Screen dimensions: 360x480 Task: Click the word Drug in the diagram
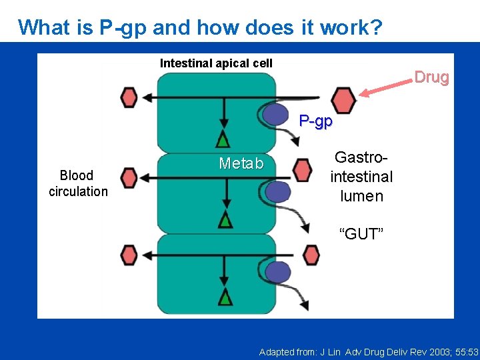[x=431, y=77]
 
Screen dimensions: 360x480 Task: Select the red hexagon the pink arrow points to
[x=344, y=100]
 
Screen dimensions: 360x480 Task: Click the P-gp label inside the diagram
[x=315, y=121]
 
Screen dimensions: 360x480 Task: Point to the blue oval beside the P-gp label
[x=275, y=115]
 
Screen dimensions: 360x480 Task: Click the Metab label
[x=241, y=164]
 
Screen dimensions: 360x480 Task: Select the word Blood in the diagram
[x=77, y=175]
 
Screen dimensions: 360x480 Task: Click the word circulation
[x=78, y=191]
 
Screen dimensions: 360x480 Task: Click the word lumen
[x=361, y=196]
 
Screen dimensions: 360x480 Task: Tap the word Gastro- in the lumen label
[x=361, y=158]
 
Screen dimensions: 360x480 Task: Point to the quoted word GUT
[x=361, y=233]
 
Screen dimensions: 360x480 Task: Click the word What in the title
[x=43, y=27]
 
